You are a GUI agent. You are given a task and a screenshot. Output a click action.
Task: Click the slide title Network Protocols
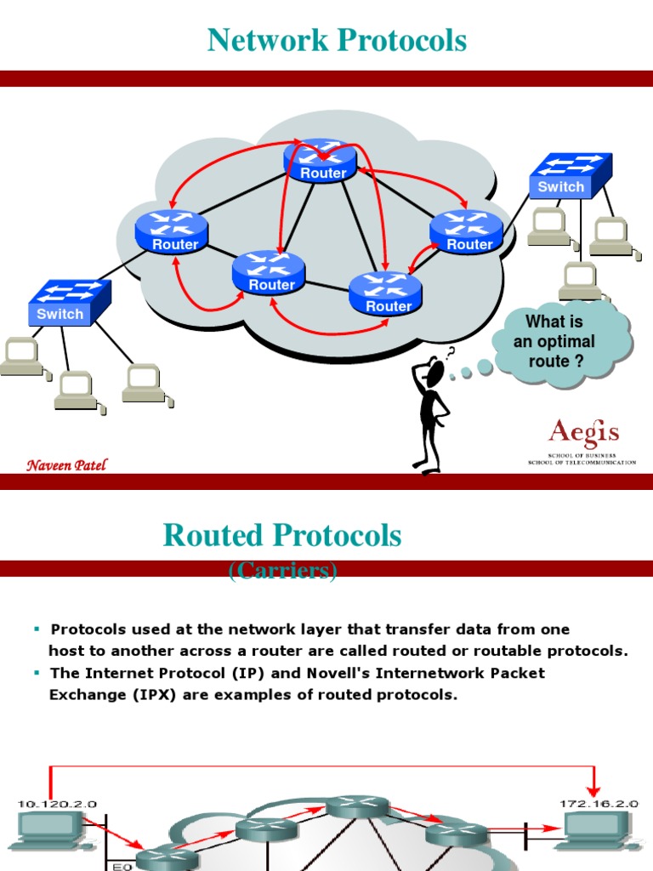(x=337, y=40)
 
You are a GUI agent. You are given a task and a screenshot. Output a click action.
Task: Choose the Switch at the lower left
(x=69, y=303)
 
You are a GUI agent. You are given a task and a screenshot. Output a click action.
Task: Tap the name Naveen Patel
(x=66, y=464)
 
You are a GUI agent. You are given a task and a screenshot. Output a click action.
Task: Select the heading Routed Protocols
(x=282, y=535)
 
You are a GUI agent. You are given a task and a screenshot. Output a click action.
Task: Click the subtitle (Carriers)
(x=283, y=571)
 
